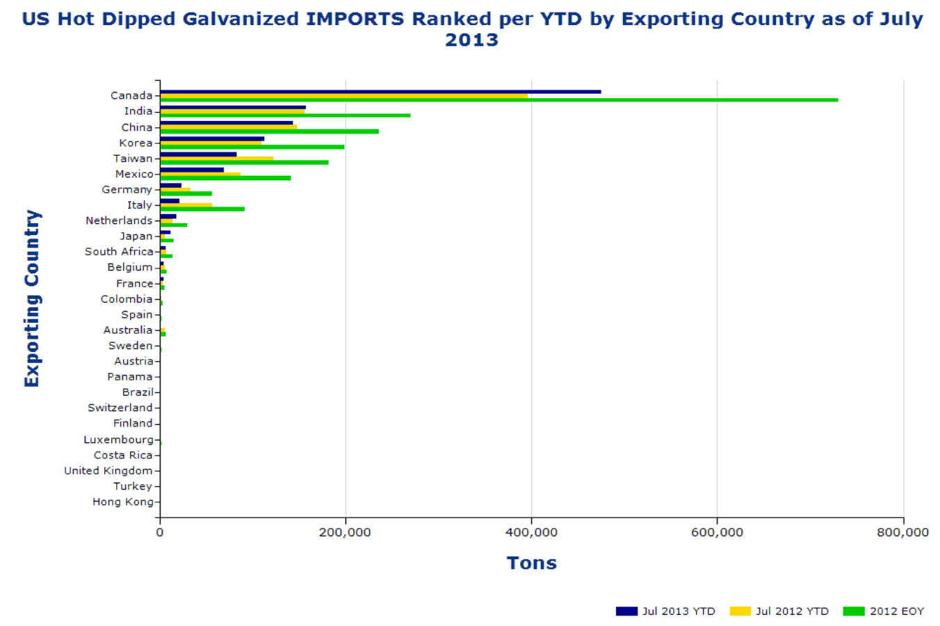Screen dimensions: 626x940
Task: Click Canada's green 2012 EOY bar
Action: pos(499,100)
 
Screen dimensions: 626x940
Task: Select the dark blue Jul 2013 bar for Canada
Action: pos(380,92)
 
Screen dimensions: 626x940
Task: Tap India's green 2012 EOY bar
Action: pos(285,115)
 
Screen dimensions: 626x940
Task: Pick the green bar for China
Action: pos(269,131)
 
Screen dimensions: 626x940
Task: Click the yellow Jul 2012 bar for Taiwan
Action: pos(216,159)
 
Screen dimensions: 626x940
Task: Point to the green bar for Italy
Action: pos(202,209)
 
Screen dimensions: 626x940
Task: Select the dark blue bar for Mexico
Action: pos(192,170)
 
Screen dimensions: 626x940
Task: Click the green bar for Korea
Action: pos(252,147)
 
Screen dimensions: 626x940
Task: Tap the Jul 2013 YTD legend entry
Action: pos(665,611)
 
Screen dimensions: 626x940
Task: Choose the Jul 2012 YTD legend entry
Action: pos(779,611)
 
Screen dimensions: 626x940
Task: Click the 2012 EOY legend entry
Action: pos(884,611)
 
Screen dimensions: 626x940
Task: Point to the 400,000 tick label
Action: pos(531,533)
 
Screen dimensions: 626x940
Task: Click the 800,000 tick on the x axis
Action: pos(902,533)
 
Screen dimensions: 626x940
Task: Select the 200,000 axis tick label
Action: pos(346,533)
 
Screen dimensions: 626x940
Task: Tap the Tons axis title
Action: pos(531,563)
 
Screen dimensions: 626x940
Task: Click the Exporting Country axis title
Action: pos(32,298)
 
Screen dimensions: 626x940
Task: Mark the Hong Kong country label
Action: pos(122,501)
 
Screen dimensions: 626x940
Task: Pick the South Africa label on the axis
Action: pos(118,252)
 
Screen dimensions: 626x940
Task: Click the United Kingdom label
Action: pos(108,471)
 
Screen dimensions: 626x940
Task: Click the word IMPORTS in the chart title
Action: pos(355,19)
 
